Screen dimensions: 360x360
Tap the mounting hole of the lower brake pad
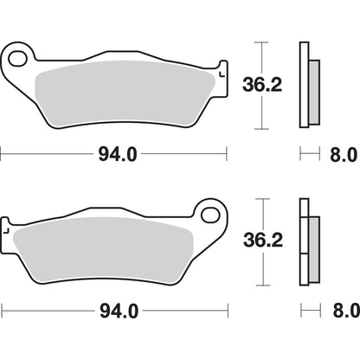(208, 235)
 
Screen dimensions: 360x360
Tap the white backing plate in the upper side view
(303, 87)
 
